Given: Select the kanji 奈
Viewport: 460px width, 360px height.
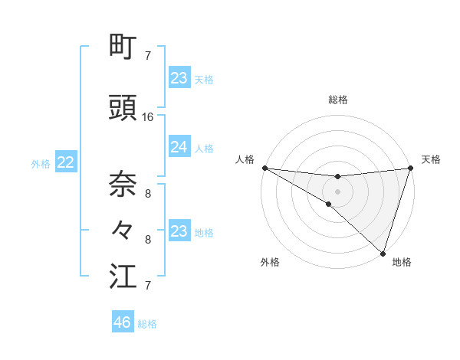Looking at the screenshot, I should [123, 184].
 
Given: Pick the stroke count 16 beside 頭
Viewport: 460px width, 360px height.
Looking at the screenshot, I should [148, 117].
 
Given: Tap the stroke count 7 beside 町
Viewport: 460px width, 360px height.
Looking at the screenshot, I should [148, 55].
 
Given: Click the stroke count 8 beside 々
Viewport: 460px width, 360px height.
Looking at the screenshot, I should [148, 239].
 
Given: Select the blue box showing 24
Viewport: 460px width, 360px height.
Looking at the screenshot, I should [179, 147].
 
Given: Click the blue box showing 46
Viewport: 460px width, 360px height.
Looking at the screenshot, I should [123, 322].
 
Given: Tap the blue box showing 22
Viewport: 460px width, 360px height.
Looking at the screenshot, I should [66, 162].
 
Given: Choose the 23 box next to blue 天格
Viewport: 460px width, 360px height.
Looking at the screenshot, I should [179, 78].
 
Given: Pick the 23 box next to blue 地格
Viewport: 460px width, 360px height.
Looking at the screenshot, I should [179, 231].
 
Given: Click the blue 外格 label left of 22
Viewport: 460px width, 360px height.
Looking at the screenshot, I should [41, 163].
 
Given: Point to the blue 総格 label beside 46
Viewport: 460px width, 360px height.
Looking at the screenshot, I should [147, 324].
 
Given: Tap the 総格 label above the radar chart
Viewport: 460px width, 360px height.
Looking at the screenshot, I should [337, 100].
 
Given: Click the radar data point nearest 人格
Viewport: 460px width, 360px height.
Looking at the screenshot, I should [264, 168].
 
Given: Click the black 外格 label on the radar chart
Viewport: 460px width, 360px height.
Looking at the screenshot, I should [270, 262].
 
